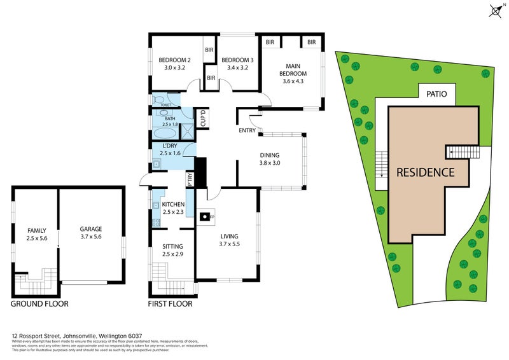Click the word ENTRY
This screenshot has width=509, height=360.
(x=247, y=131)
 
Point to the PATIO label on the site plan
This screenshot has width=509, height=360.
(x=436, y=94)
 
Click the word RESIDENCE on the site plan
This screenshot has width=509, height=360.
(x=425, y=172)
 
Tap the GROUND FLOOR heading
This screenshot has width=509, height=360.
(x=39, y=304)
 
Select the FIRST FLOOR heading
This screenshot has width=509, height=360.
(x=170, y=304)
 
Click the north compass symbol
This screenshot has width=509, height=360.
(x=496, y=11)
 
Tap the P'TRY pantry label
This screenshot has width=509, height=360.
(x=190, y=180)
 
